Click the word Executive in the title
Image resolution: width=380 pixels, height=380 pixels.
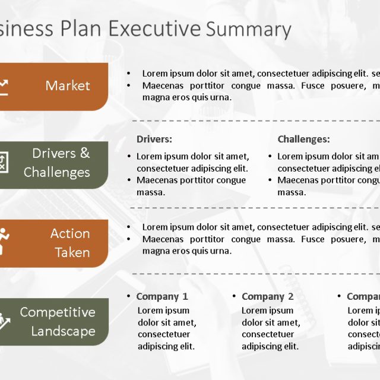coord(155,29)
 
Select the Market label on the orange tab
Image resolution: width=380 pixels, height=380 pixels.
coord(68,85)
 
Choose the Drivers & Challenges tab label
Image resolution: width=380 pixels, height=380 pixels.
coord(58,163)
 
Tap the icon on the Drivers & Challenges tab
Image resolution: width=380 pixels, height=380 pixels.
coord(3,163)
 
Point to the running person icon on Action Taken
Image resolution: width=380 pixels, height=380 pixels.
coord(3,240)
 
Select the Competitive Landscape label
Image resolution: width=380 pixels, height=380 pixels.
coord(58,321)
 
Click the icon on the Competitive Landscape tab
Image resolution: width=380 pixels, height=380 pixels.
coord(4,321)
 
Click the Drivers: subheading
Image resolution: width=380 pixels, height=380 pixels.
coord(154,139)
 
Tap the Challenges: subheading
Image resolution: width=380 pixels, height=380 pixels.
coord(303,139)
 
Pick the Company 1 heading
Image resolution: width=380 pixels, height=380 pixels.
coord(161,296)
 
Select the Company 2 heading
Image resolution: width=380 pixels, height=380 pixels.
coord(267,296)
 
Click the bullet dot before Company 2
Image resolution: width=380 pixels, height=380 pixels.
coord(235,296)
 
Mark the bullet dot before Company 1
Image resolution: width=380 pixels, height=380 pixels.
coord(129,296)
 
